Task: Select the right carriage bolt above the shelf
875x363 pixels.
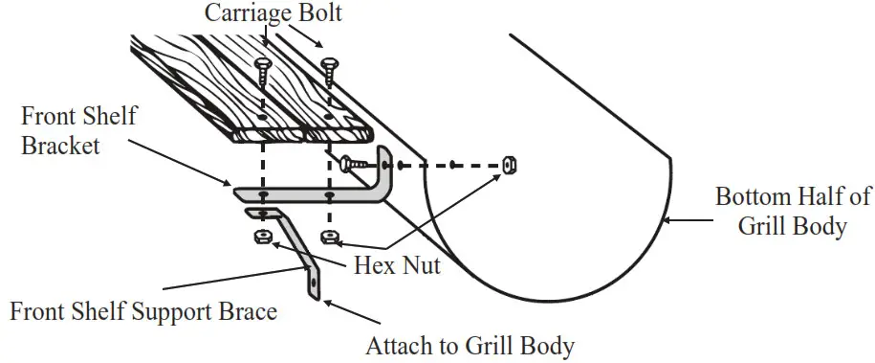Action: click(329, 69)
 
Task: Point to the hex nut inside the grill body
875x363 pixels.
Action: click(509, 165)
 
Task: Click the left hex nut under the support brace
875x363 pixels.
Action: click(259, 236)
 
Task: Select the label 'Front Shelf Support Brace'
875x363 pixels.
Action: click(142, 311)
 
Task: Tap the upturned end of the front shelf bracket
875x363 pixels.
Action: click(386, 172)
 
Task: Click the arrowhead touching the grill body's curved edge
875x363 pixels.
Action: click(666, 222)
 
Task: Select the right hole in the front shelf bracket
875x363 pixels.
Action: click(329, 195)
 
